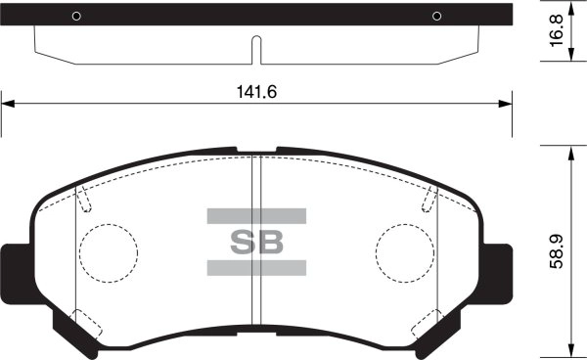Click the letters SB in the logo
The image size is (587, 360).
pos(256,241)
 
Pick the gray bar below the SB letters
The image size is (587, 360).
pos(256,267)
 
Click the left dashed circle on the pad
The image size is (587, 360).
pos(107,251)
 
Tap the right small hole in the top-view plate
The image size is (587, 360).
pos(437,16)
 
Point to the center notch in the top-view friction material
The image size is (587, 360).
pos(256,49)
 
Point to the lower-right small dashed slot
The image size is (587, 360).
pos(429,323)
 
